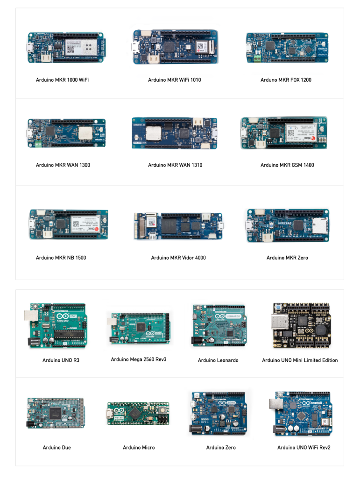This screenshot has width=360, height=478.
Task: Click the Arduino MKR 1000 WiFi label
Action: coord(62,80)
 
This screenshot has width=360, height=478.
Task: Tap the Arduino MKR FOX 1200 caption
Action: coord(286,80)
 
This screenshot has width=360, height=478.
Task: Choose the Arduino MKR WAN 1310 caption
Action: coord(175,165)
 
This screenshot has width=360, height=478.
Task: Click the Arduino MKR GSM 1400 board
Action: coord(284,133)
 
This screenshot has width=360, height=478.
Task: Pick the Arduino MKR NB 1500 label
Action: coord(61,258)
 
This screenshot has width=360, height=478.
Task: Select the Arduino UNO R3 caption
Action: coord(60,360)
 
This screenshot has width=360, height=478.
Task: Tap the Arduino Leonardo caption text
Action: coord(218,360)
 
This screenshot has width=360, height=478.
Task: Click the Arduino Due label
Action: coord(57,448)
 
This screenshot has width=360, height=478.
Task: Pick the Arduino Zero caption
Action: coord(221,448)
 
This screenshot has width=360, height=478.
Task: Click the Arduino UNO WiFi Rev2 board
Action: coord(300,413)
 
